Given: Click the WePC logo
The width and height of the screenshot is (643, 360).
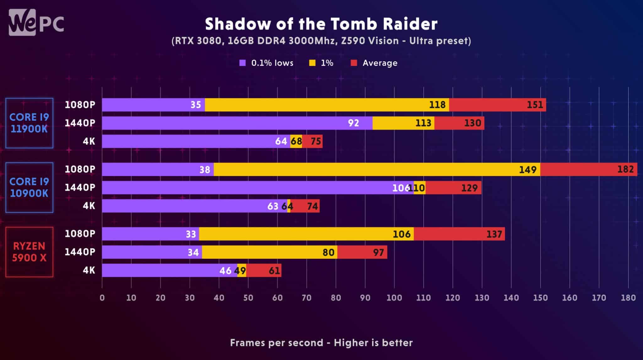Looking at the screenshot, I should (x=36, y=22).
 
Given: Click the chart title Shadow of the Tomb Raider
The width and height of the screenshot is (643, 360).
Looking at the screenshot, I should (x=321, y=24).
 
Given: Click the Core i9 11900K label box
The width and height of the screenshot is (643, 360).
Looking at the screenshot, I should (x=29, y=123).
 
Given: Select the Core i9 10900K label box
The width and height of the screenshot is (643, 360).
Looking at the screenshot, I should (x=29, y=187).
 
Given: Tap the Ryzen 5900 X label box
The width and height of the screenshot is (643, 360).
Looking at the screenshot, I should (x=29, y=252).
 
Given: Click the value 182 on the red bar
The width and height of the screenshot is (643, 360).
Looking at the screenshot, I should (x=625, y=169).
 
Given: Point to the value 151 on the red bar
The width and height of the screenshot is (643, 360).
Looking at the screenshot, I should (x=535, y=105).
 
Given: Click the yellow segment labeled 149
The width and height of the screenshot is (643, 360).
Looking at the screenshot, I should (x=377, y=169).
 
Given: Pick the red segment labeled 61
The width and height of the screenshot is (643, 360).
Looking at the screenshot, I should (x=264, y=270).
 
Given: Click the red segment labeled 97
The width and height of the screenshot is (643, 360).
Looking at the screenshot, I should (x=362, y=252).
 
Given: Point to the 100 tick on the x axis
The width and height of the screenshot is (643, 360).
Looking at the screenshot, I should (x=394, y=298).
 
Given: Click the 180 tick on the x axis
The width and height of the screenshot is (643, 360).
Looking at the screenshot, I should (x=628, y=298).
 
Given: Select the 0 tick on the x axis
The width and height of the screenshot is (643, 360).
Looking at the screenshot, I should (x=102, y=298).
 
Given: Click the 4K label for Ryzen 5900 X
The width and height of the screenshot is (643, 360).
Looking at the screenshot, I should (x=89, y=270).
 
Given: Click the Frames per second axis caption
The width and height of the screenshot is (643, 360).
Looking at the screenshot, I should (x=321, y=342).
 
